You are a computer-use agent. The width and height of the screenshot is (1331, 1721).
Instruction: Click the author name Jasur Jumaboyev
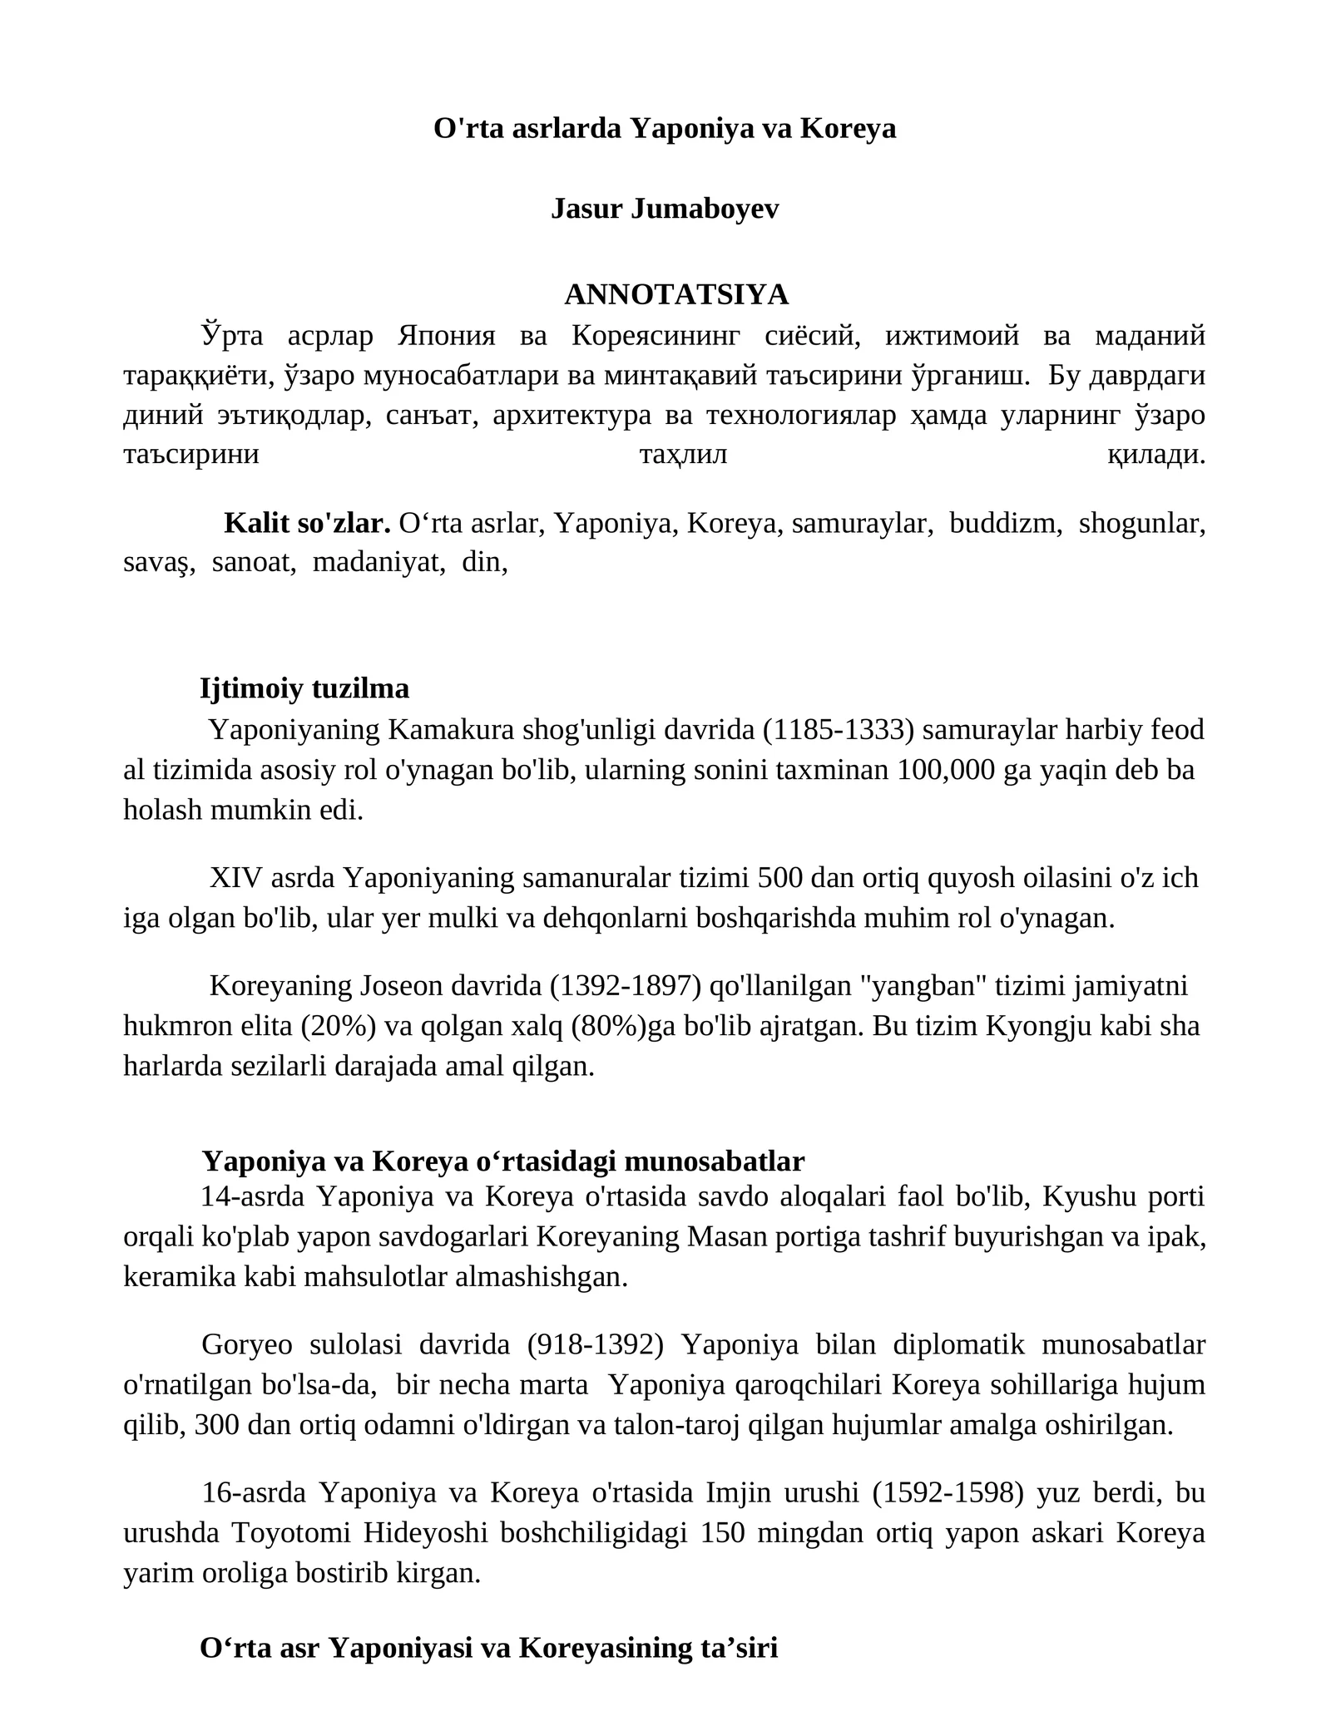pos(665,210)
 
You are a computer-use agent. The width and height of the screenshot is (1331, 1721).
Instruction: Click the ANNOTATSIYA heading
pos(676,294)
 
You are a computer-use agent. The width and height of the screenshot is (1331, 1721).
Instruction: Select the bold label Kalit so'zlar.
pos(307,524)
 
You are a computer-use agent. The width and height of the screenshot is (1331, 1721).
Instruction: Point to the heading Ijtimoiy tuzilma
pos(304,689)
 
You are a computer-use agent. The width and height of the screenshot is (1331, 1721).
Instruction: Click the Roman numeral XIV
pos(235,878)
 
